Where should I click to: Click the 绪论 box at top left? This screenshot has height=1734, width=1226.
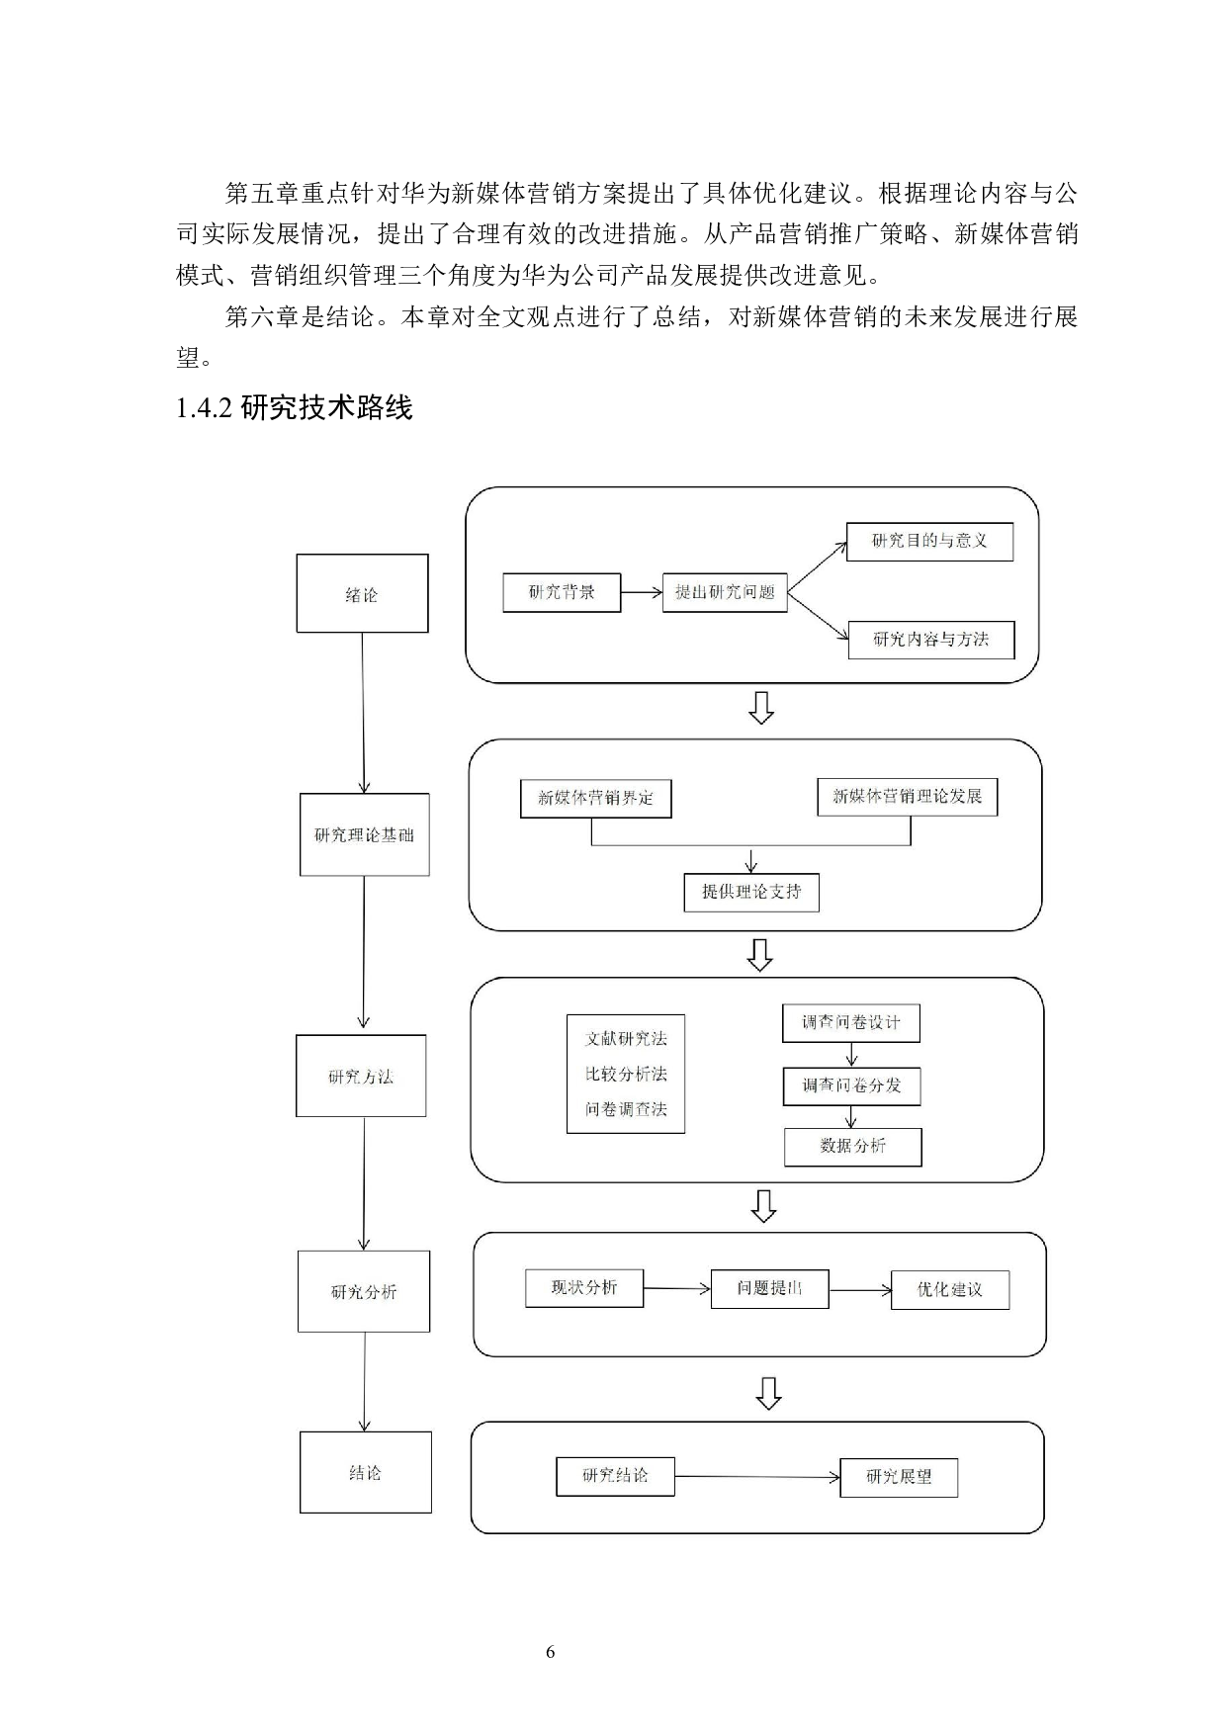pos(362,593)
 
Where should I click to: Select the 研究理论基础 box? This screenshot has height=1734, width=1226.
pos(364,834)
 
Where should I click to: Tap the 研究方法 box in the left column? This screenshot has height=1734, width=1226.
pos(361,1076)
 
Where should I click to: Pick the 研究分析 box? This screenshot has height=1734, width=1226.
pos(364,1291)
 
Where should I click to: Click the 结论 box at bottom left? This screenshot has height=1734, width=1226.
pos(365,1472)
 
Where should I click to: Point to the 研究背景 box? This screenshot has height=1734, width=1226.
pos(562,592)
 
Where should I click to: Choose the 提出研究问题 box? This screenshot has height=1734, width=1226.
pos(725,592)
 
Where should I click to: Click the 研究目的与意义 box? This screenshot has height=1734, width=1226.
pos(929,541)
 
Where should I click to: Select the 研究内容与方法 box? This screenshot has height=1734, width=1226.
pos(931,639)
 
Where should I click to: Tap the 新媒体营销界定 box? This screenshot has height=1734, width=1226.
pos(595,798)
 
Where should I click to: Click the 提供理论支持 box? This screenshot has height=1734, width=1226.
pos(751,892)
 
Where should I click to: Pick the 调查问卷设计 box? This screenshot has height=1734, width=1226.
pos(850,1023)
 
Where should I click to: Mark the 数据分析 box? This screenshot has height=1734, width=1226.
pos(852,1146)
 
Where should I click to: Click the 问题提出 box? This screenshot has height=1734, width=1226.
pos(769,1289)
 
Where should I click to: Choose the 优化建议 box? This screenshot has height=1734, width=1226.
pos(949,1289)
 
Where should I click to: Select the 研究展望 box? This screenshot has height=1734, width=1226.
pos(899,1477)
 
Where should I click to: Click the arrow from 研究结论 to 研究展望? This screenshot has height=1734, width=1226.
pos(757,1477)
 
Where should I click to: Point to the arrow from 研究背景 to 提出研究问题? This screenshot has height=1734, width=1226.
pos(642,592)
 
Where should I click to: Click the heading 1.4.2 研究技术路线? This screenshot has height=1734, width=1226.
pos(294,407)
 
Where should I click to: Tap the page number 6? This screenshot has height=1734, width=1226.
pos(551,1652)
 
